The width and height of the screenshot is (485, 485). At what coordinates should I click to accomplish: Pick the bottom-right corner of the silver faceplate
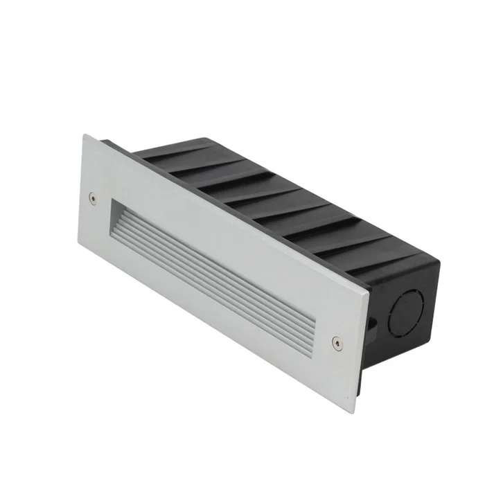click(355, 413)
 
